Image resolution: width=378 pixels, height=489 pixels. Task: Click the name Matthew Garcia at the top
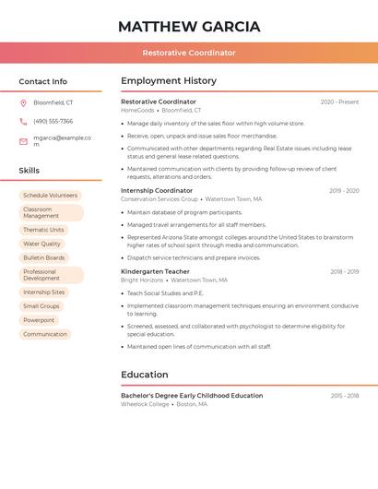[x=189, y=27]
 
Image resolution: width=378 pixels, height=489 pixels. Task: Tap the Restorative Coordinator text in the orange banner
[x=189, y=54]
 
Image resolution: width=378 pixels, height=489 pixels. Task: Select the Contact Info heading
[x=42, y=81]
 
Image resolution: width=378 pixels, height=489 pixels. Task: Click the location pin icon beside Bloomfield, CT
[x=23, y=102]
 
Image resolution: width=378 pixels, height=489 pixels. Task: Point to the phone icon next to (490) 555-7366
[x=23, y=122]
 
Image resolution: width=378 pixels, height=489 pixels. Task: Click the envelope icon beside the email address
[x=23, y=141]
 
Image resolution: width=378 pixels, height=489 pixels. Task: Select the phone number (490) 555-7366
[x=53, y=122]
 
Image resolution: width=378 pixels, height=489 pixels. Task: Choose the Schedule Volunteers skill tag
[x=50, y=196]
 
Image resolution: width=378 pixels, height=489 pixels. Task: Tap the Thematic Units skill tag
[x=43, y=230]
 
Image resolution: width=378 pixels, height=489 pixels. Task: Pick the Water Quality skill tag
[x=41, y=244]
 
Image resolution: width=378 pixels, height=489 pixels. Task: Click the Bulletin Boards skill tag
[x=43, y=258]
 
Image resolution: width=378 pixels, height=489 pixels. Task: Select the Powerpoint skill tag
[x=39, y=320]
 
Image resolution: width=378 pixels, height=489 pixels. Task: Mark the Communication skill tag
[x=45, y=334]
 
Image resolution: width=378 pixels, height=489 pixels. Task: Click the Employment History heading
[x=169, y=81]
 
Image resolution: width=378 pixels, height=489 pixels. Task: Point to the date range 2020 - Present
[x=339, y=102]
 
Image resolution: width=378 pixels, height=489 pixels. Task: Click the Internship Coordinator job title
[x=157, y=191]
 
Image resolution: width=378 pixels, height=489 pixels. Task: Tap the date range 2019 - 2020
[x=344, y=191]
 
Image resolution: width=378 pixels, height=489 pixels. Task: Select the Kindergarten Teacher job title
[x=155, y=272]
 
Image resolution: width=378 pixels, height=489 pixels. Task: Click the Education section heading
[x=145, y=375]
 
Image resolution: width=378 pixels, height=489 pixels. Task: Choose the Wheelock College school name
[x=145, y=404]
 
